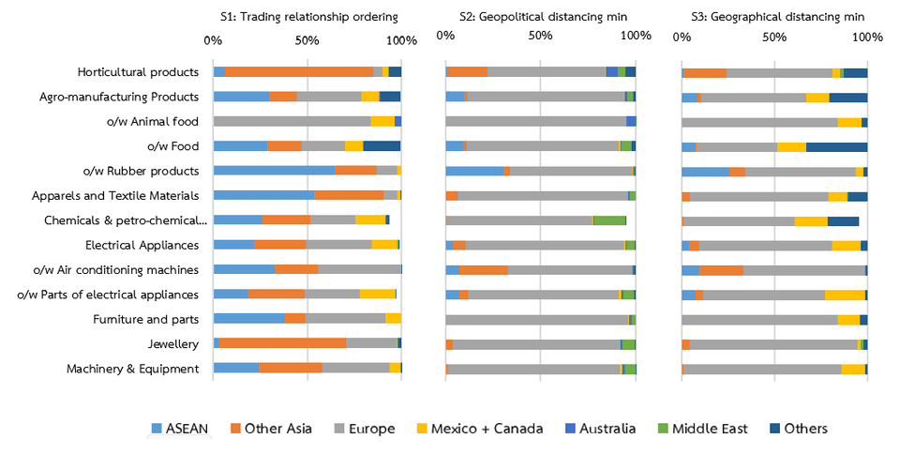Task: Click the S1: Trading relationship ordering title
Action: point(308,17)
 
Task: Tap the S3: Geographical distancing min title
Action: point(774,17)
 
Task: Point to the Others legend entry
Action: point(796,429)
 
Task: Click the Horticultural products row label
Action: point(138,71)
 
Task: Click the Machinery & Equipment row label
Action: point(132,368)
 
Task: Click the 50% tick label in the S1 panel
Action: point(307,40)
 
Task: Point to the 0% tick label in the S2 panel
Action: point(446,35)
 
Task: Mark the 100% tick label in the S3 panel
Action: point(867,40)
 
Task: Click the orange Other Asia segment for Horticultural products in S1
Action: point(298,71)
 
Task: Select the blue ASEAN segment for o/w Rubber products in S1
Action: point(274,171)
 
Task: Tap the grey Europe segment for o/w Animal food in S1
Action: point(292,121)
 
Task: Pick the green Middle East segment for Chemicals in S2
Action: point(609,220)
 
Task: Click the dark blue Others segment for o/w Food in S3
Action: point(836,146)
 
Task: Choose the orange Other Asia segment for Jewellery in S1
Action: point(282,343)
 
